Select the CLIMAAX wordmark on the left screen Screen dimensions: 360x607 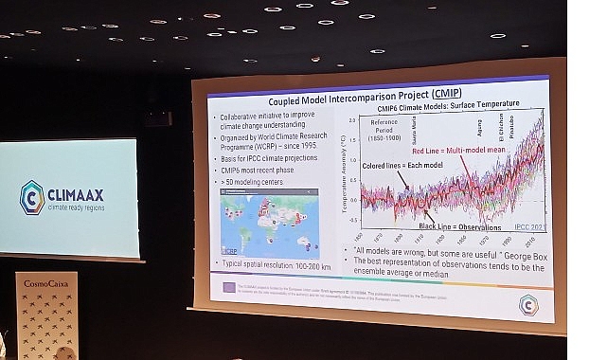click(81, 191)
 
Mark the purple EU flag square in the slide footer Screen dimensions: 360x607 click(228, 285)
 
